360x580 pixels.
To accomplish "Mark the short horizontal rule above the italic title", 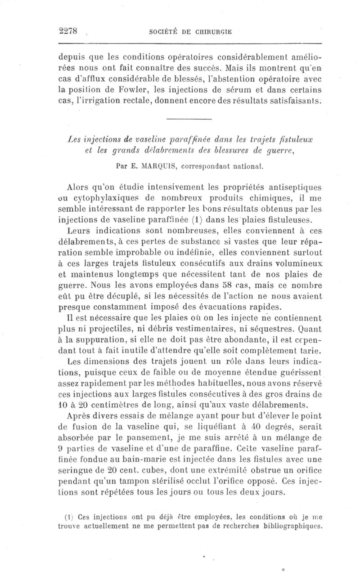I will coord(189,119).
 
